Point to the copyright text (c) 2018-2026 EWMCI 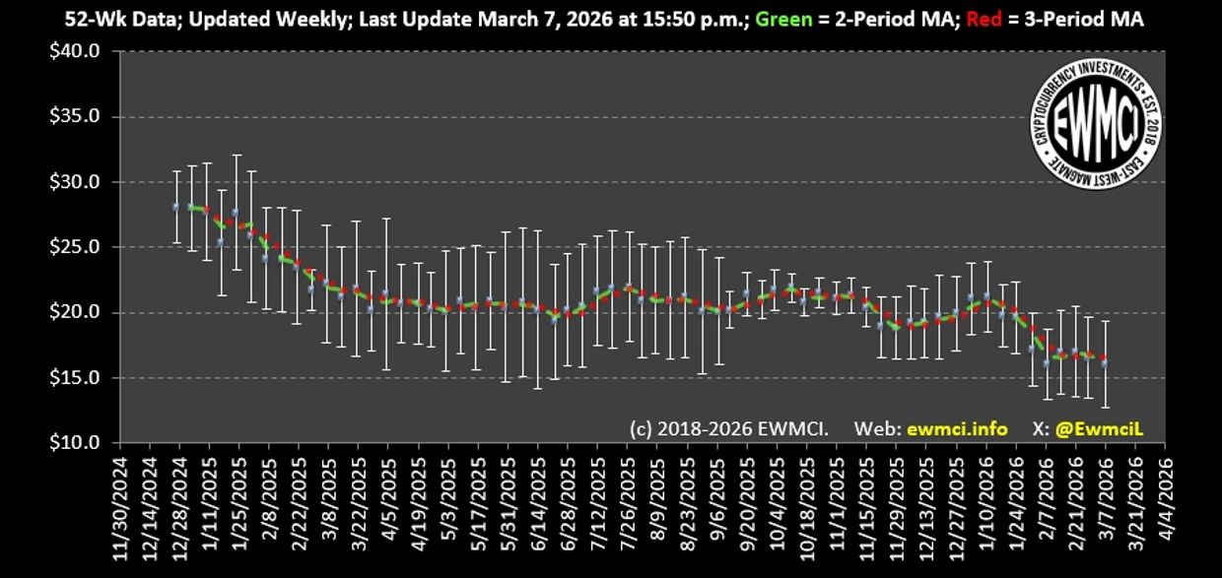click(729, 429)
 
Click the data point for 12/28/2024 click(176, 207)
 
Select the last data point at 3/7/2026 click(1105, 362)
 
